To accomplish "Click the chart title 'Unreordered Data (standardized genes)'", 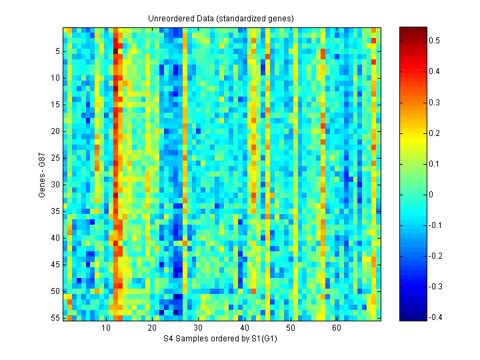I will pyautogui.click(x=221, y=19).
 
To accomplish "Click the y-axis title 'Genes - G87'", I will pyautogui.click(x=43, y=174).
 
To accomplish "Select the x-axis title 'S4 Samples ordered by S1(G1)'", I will pyautogui.click(x=221, y=339).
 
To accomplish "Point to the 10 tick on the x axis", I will pyautogui.click(x=106, y=328).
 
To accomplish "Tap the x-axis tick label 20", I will pyautogui.click(x=152, y=328).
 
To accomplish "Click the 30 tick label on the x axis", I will pyautogui.click(x=198, y=328).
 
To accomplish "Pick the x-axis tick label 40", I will pyautogui.click(x=244, y=328).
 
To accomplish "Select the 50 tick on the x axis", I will pyautogui.click(x=290, y=328).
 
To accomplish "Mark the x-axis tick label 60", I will pyautogui.click(x=337, y=328).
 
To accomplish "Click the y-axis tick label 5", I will pyautogui.click(x=57, y=51).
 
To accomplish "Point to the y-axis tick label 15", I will pyautogui.click(x=55, y=105).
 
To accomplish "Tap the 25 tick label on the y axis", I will pyautogui.click(x=55, y=158).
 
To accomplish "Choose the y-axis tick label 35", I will pyautogui.click(x=55, y=211).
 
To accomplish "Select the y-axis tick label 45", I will pyautogui.click(x=55, y=265).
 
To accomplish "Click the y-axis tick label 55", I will pyautogui.click(x=55, y=318).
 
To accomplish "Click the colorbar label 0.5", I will pyautogui.click(x=435, y=41).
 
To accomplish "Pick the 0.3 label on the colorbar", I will pyautogui.click(x=435, y=102).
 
